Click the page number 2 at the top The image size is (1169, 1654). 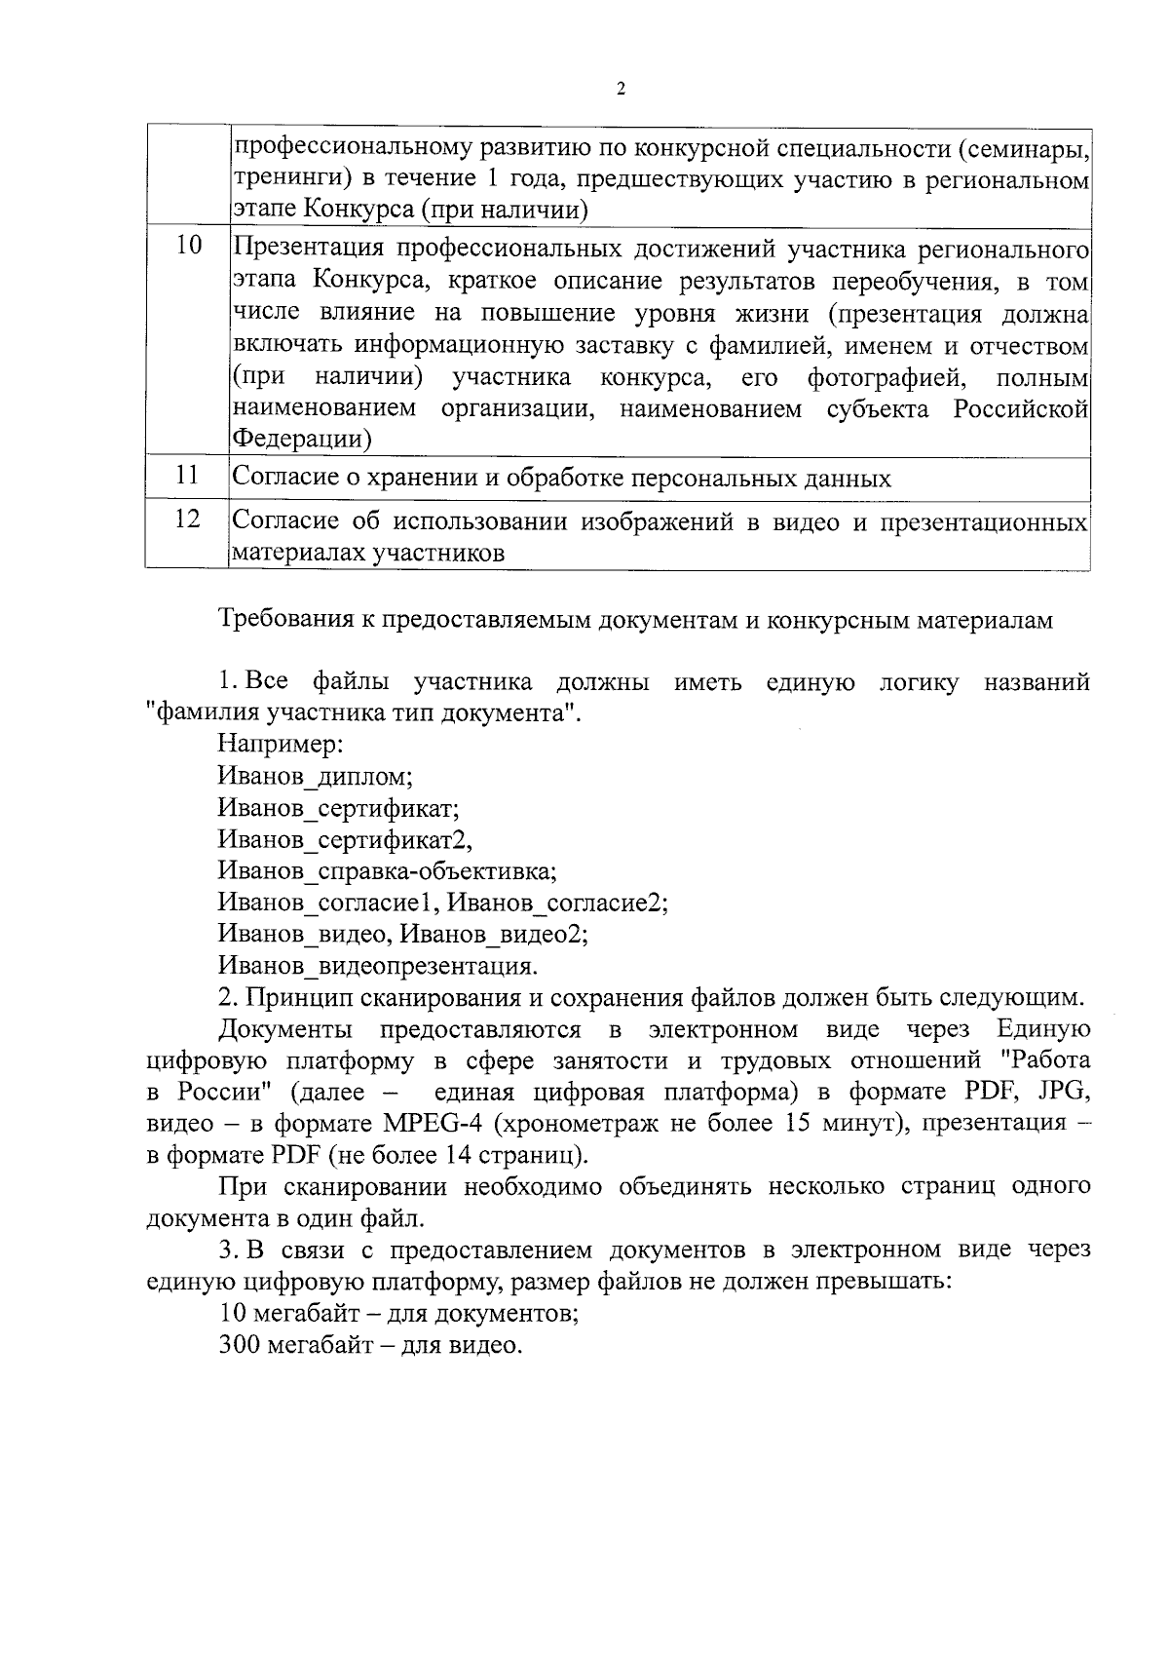point(621,90)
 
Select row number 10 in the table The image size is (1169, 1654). point(188,247)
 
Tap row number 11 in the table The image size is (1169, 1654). point(188,476)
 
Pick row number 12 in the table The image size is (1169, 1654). point(187,519)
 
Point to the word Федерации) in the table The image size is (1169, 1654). point(302,440)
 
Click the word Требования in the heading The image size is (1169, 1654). point(289,620)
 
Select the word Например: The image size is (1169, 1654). point(280,745)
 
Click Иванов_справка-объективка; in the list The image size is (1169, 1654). point(388,870)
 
